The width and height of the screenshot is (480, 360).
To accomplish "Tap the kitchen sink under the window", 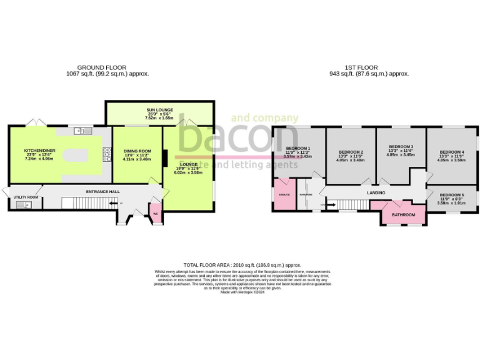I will [x=79, y=131].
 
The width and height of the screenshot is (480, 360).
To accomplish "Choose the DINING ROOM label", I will [x=137, y=151].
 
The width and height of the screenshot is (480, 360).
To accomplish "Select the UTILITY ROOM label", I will [x=26, y=197].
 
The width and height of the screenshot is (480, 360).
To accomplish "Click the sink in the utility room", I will [x=27, y=204].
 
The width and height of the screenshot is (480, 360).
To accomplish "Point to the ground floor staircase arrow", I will [x=112, y=203].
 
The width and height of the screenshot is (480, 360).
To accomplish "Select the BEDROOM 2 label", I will [x=351, y=152].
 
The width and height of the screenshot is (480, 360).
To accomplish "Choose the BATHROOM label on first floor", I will [x=403, y=215].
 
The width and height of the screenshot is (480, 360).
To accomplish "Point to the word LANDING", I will [x=376, y=193].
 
